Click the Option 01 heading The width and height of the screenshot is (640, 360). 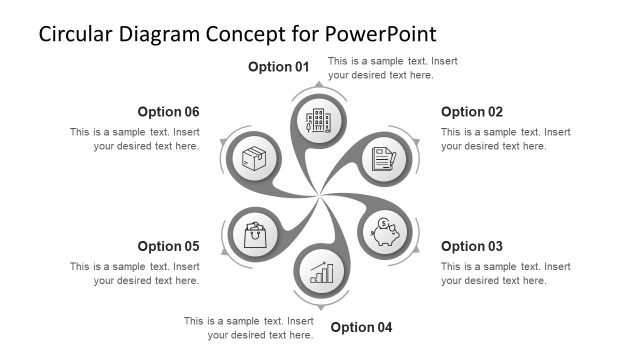click(x=279, y=68)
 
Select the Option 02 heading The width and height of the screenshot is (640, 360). click(x=472, y=112)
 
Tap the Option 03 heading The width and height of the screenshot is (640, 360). click(x=472, y=246)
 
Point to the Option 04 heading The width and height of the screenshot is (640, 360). click(x=362, y=327)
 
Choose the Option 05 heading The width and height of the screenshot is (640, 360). click(x=169, y=246)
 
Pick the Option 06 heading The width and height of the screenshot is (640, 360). click(x=169, y=112)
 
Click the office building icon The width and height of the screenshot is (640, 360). click(x=319, y=123)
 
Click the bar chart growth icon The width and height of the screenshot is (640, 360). click(x=321, y=271)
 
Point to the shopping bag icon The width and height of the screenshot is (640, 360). click(x=255, y=234)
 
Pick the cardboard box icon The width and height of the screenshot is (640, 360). click(x=255, y=159)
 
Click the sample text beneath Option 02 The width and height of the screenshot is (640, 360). click(x=505, y=139)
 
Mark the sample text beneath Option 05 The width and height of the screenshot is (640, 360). click(x=134, y=273)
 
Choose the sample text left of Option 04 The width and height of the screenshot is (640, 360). click(x=249, y=327)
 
